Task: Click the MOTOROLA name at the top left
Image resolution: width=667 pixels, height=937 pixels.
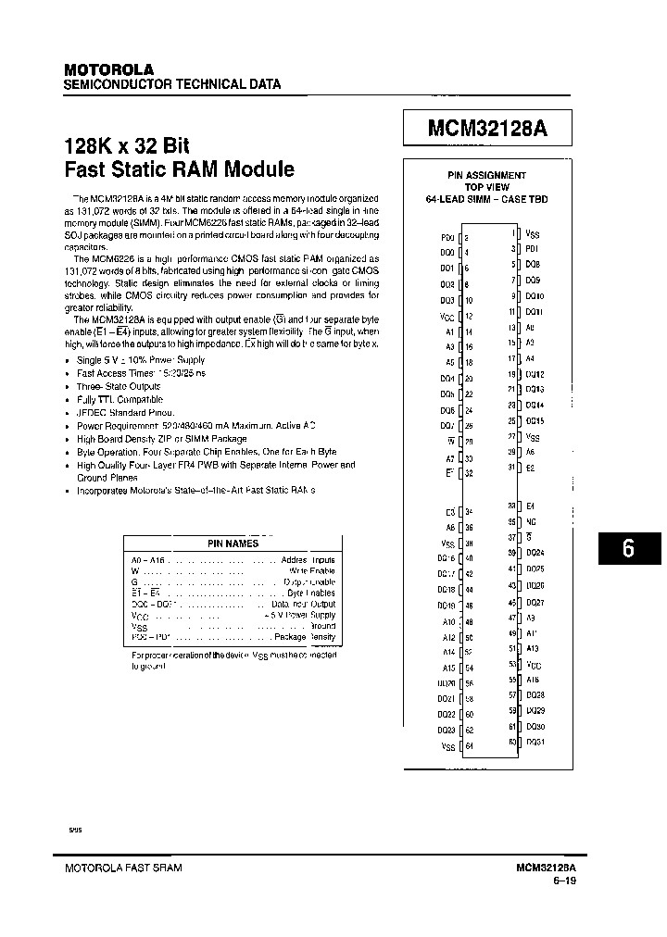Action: tap(107, 69)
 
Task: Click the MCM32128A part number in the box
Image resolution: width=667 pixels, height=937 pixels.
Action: tap(487, 130)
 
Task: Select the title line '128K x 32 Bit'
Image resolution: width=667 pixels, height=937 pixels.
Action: tap(126, 146)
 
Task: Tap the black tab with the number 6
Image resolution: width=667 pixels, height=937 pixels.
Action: tap(627, 548)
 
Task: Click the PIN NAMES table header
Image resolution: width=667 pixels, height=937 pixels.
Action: tap(233, 543)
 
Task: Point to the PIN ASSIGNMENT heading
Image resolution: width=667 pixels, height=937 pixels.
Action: tap(486, 175)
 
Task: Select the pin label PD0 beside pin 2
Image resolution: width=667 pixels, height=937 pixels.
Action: tap(447, 237)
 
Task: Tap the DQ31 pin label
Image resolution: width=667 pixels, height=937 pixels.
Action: tap(535, 742)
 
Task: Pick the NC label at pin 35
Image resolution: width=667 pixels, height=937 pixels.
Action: tap(531, 522)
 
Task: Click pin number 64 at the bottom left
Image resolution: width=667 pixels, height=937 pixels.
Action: tap(469, 746)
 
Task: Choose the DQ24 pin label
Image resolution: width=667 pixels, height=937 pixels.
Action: tap(535, 553)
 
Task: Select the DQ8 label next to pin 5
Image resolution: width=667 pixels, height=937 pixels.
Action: tap(533, 265)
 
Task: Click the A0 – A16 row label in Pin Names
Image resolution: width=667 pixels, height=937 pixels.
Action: tap(148, 560)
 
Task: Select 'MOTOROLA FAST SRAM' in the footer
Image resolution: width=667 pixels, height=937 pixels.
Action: tap(122, 868)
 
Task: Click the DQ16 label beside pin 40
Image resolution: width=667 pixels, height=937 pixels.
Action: tap(447, 558)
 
